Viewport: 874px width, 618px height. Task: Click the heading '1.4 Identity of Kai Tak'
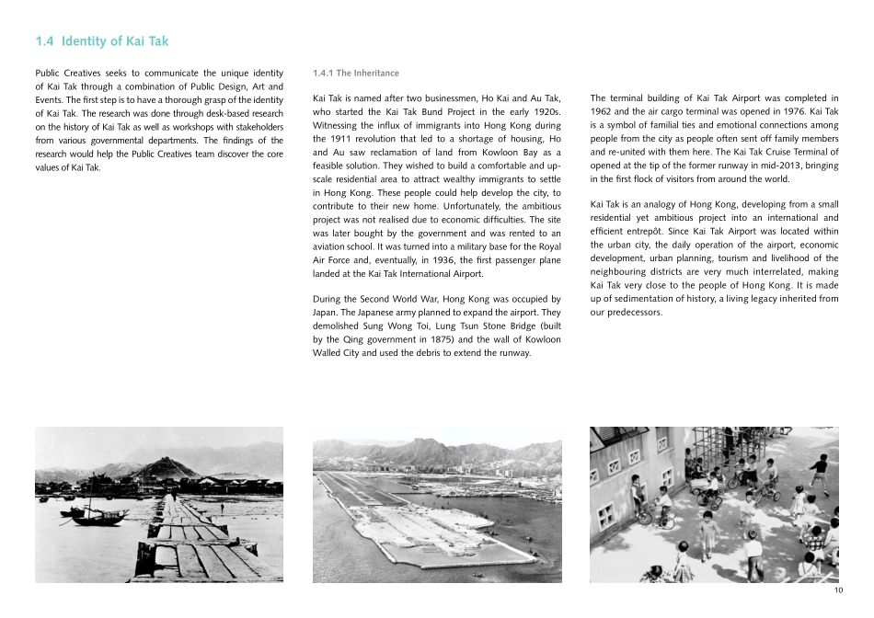click(101, 41)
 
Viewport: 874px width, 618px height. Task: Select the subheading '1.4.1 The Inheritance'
click(356, 73)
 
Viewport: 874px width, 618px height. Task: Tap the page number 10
click(838, 590)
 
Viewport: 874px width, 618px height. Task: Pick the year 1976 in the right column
click(795, 110)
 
